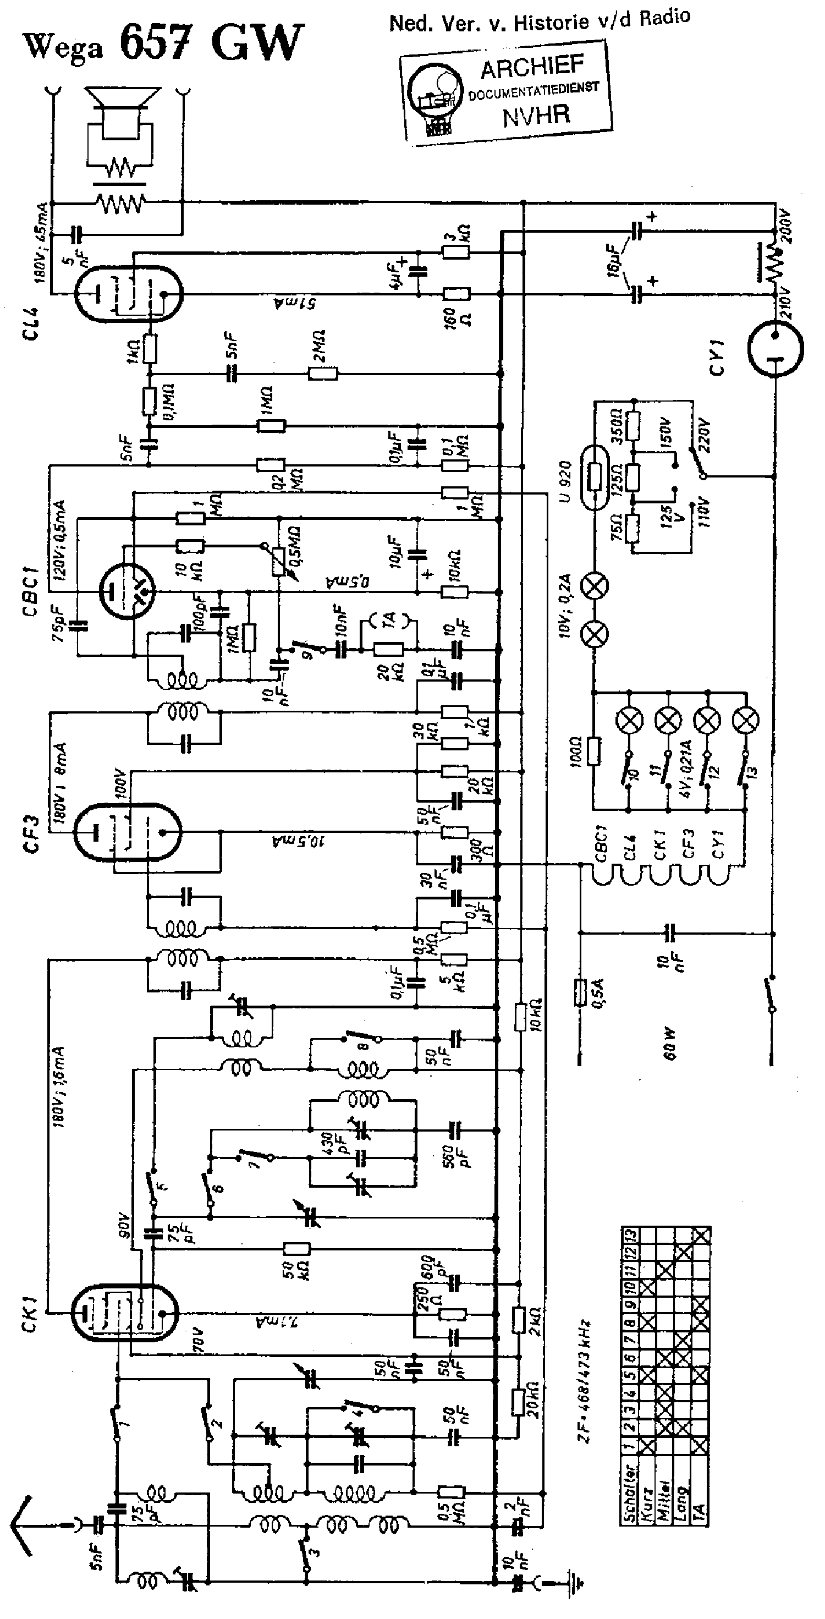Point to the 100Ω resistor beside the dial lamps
click(594, 751)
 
